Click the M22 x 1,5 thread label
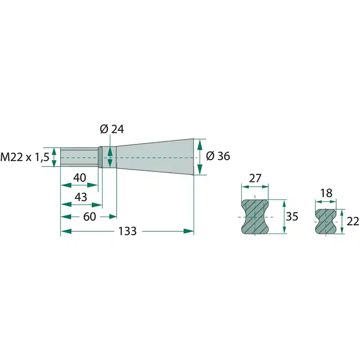click(25, 157)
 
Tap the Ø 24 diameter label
click(112, 129)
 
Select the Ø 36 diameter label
click(218, 156)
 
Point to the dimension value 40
click(80, 178)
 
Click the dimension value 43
click(81, 197)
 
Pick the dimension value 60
click(90, 216)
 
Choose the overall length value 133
click(127, 231)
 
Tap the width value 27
click(255, 178)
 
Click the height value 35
click(292, 216)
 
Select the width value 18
click(326, 193)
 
